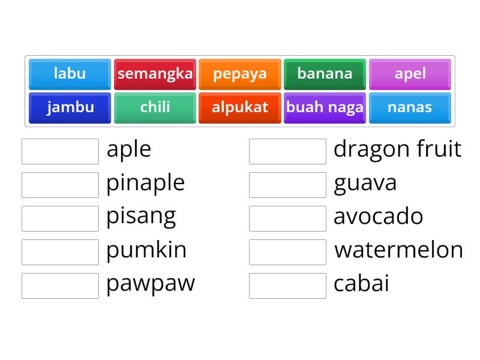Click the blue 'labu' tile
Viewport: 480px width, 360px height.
click(70, 74)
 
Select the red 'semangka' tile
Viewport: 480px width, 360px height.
click(155, 74)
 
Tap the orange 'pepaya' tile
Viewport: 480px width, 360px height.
click(240, 74)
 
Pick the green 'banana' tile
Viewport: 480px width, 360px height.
click(325, 74)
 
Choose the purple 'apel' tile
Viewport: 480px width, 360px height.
click(410, 74)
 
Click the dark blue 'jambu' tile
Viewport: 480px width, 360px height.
click(70, 107)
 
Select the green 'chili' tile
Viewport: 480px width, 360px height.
click(155, 107)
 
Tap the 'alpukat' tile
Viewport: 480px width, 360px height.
click(240, 107)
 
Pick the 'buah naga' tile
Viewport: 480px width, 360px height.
click(325, 107)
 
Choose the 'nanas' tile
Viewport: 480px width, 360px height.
click(410, 107)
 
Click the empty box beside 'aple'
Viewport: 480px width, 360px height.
click(60, 151)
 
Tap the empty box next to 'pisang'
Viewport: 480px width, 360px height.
click(60, 218)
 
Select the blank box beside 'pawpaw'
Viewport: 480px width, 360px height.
click(60, 286)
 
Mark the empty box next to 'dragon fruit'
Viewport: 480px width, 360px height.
click(287, 151)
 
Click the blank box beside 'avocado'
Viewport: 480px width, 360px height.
click(287, 218)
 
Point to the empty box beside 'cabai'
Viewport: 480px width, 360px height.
click(287, 286)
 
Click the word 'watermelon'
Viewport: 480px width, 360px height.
click(398, 250)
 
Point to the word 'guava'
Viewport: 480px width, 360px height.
click(365, 182)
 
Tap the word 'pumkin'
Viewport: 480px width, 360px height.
click(146, 250)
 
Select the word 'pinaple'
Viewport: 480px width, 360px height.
click(145, 182)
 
